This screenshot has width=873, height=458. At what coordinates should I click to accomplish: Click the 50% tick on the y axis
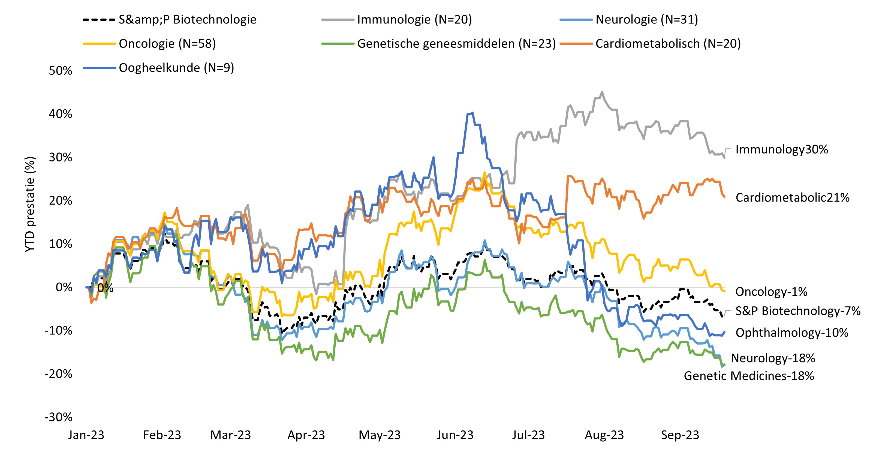60,71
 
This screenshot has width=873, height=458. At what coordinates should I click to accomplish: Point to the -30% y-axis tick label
58,417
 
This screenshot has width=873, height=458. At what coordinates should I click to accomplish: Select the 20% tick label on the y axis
60,201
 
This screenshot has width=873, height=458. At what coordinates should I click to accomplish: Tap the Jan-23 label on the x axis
86,435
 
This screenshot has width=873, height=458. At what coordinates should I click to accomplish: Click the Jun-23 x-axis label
455,435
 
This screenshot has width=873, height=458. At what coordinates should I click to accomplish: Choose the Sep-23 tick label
680,435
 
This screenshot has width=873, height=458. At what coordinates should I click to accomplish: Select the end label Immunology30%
781,149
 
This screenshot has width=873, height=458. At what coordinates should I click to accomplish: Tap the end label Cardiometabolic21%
792,198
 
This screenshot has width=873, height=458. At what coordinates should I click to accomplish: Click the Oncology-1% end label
771,292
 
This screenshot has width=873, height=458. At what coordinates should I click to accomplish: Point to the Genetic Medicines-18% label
749,376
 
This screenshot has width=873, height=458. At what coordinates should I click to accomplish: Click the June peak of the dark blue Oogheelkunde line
472,113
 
